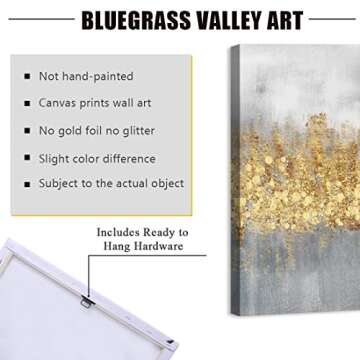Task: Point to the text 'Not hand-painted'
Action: [x=85, y=76]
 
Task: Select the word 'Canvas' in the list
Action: [x=58, y=103]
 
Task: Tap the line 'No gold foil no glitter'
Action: [x=97, y=130]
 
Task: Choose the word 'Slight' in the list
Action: [x=55, y=158]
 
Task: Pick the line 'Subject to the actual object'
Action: [x=111, y=184]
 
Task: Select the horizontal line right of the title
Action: [x=332, y=18]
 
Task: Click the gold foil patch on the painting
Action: [x=290, y=160]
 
